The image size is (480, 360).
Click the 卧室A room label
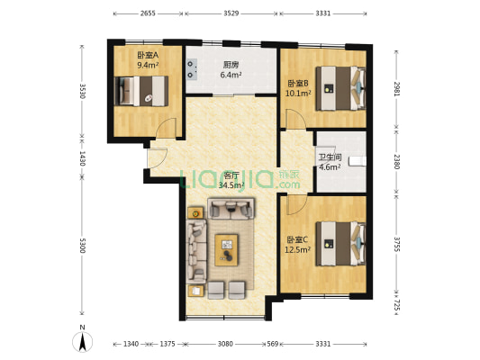pyautogui.click(x=148, y=55)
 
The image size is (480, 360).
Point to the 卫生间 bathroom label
pyautogui.click(x=330, y=157)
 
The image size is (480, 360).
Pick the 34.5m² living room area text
pyautogui.click(x=231, y=184)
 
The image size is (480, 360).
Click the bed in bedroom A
pyautogui.click(x=141, y=91)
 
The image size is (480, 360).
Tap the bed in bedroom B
pyautogui.click(x=341, y=88)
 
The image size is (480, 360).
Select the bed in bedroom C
pyautogui.click(x=341, y=244)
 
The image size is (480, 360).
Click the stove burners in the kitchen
pyautogui.click(x=192, y=69)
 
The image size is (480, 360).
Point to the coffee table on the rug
pyautogui.click(x=227, y=250)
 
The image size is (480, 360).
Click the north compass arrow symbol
pyautogui.click(x=82, y=342)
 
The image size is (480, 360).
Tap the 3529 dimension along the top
pyautogui.click(x=231, y=13)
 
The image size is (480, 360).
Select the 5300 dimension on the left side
pyautogui.click(x=82, y=246)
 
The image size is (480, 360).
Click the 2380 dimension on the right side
pyautogui.click(x=396, y=161)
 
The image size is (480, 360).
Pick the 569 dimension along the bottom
pyautogui.click(x=273, y=344)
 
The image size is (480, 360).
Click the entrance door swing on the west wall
pyautogui.click(x=158, y=158)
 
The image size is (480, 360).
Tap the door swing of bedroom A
pyautogui.click(x=166, y=128)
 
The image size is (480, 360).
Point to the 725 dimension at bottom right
pyautogui.click(x=396, y=304)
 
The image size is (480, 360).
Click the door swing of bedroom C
pyautogui.click(x=296, y=205)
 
